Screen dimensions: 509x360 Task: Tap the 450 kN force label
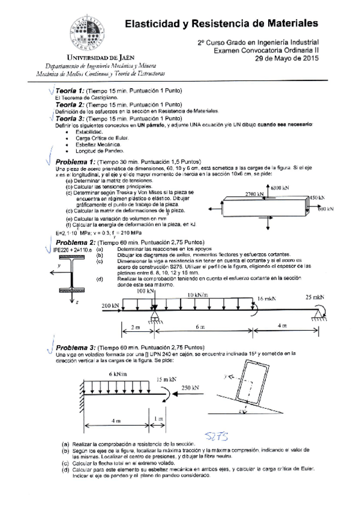coord(316,197)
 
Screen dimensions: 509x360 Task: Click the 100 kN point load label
coord(146,291)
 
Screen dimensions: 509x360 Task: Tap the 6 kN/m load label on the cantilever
coord(117,373)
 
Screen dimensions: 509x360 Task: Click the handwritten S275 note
coord(215,434)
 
